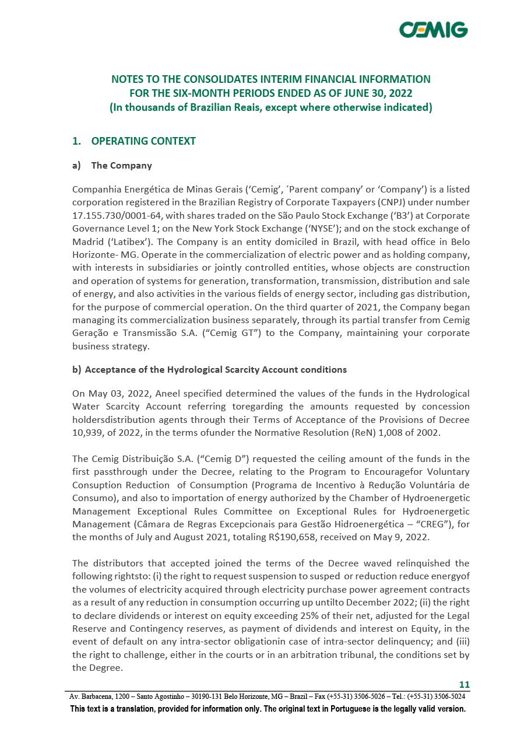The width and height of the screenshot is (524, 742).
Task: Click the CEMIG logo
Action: (x=433, y=29)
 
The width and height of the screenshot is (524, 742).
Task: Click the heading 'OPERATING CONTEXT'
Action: (x=143, y=141)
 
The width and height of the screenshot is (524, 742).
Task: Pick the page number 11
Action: (x=464, y=685)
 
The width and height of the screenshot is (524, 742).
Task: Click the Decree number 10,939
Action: (x=89, y=433)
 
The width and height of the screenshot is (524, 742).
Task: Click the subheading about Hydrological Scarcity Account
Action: (x=215, y=370)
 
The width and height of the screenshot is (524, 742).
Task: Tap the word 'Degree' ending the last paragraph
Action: (x=106, y=668)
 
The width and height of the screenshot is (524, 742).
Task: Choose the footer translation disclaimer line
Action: (x=268, y=709)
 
